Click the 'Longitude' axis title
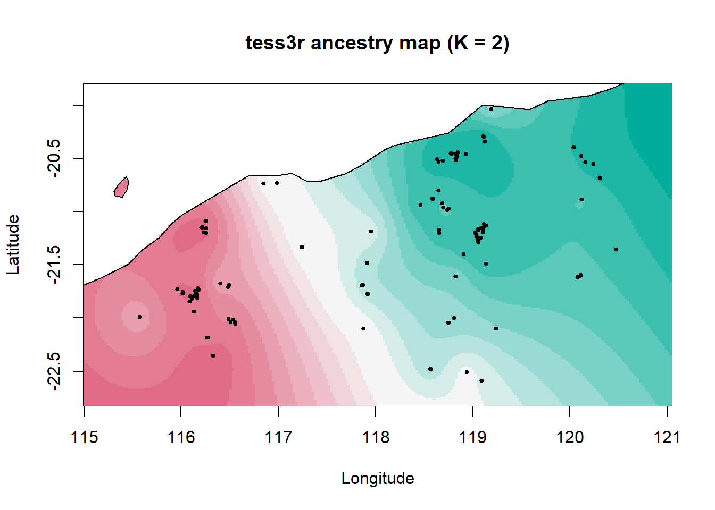(x=377, y=478)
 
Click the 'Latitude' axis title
(x=13, y=244)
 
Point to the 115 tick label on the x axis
(x=84, y=437)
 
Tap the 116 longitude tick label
(x=181, y=437)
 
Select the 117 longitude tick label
(x=278, y=437)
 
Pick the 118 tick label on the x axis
(x=376, y=437)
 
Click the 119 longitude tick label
(x=472, y=437)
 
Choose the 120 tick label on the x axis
(x=570, y=437)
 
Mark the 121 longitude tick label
(x=667, y=437)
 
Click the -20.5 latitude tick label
(x=54, y=158)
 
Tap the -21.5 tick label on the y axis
(x=54, y=265)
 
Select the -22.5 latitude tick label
(x=54, y=371)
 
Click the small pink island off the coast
(x=122, y=188)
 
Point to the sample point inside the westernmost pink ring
(x=139, y=317)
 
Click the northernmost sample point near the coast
(x=491, y=109)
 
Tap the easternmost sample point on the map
(x=616, y=249)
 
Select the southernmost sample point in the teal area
(x=481, y=380)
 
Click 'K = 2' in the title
(x=478, y=42)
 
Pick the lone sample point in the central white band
(x=302, y=247)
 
